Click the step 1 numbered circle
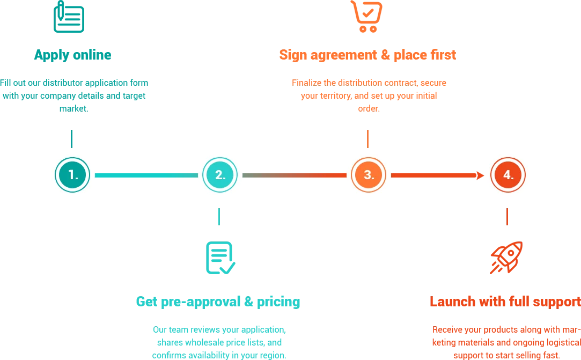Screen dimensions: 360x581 pyautogui.click(x=72, y=175)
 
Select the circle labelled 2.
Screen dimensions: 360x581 pyautogui.click(x=220, y=175)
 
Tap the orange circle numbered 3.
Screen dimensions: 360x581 pyautogui.click(x=369, y=175)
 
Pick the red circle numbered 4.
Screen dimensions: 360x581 pyautogui.click(x=508, y=175)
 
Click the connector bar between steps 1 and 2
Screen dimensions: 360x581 pyautogui.click(x=146, y=175)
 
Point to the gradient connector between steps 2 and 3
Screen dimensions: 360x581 pyautogui.click(x=295, y=175)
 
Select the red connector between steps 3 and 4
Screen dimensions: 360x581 pyautogui.click(x=437, y=175)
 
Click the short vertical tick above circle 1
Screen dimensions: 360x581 pyautogui.click(x=70, y=139)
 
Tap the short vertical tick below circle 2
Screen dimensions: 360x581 pyautogui.click(x=218, y=216)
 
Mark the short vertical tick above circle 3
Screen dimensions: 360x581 pyautogui.click(x=367, y=139)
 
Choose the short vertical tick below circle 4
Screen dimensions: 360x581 pyautogui.click(x=508, y=216)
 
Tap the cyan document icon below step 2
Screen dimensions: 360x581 pyautogui.click(x=220, y=257)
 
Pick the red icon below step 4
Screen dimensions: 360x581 pyautogui.click(x=507, y=256)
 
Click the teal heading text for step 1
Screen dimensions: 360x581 pyautogui.click(x=72, y=55)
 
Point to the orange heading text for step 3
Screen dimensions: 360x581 pyautogui.click(x=367, y=55)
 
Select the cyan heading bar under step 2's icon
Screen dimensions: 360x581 pyautogui.click(x=217, y=302)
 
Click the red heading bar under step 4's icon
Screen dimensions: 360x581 pyautogui.click(x=504, y=302)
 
